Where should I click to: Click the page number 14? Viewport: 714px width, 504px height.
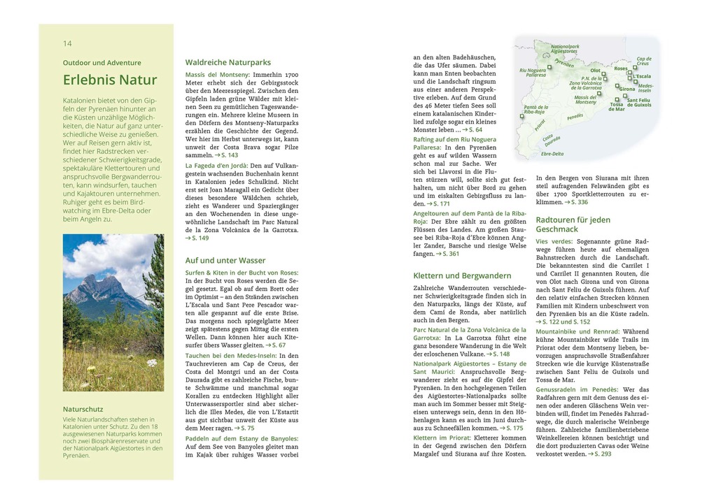67,43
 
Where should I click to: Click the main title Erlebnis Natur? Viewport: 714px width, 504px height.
110,80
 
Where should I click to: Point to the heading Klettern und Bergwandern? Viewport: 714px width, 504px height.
462,275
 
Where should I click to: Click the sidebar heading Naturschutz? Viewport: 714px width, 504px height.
83,409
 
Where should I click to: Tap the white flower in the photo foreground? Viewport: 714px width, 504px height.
151,363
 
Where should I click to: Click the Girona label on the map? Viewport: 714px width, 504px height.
627,89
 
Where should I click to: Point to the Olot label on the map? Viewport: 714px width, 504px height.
595,71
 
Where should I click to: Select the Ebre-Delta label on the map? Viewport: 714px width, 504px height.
552,154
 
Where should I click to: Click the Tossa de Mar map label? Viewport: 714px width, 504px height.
616,107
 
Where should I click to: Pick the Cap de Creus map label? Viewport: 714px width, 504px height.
643,61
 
